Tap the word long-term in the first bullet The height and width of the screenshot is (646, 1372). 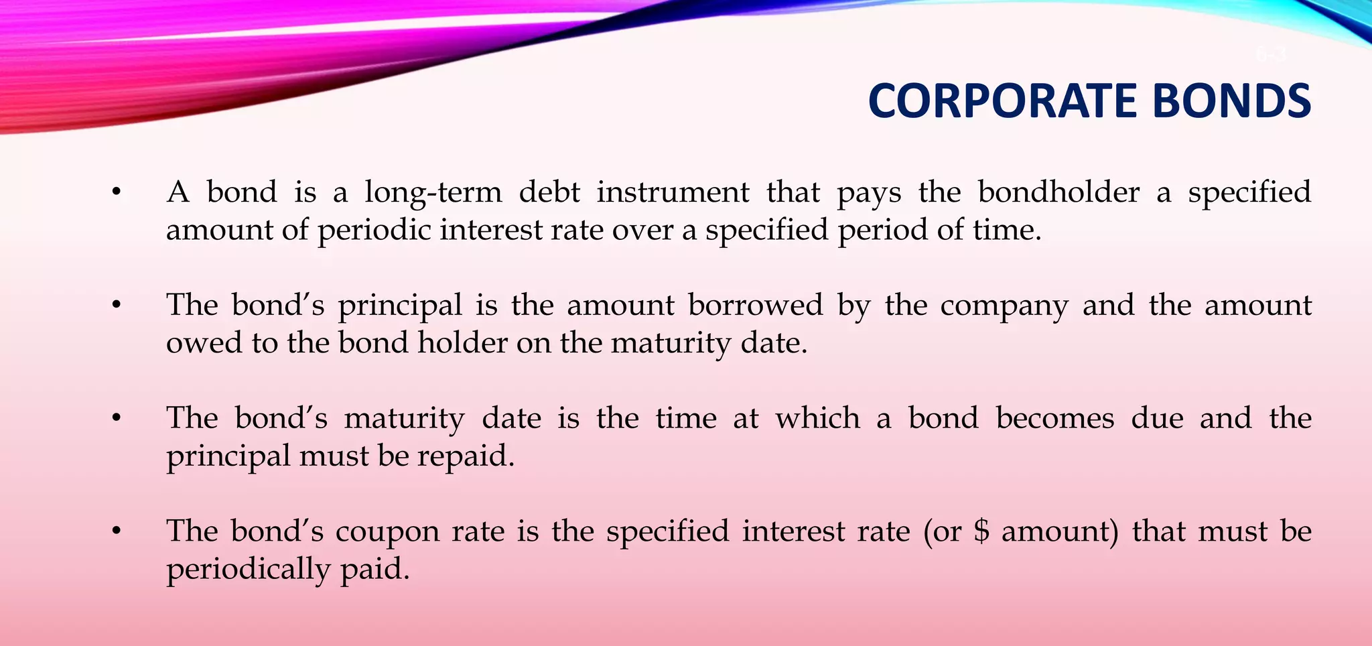point(433,193)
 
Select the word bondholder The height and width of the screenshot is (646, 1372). point(1058,192)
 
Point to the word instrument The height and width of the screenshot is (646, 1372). point(673,192)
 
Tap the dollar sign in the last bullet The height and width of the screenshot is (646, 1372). point(981,531)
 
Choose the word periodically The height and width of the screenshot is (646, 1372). point(248,570)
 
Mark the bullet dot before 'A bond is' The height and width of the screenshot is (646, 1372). point(117,193)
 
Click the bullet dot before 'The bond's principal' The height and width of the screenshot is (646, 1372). point(117,306)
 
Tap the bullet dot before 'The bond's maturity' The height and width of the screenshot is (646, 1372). point(117,419)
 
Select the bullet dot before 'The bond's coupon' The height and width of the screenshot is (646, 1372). point(117,531)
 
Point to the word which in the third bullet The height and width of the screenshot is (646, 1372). point(817,418)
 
